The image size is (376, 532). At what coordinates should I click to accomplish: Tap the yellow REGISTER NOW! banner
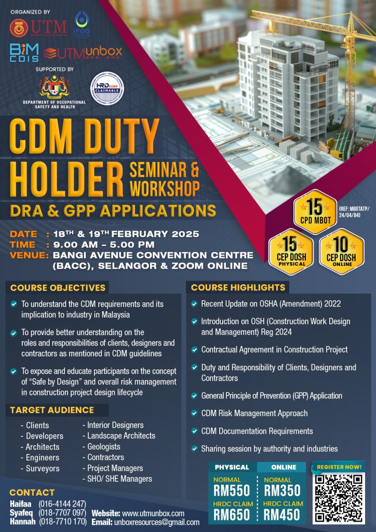pyautogui.click(x=341, y=467)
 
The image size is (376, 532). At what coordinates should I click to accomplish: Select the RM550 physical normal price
pyautogui.click(x=232, y=490)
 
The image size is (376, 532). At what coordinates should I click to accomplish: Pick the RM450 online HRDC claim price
pyautogui.click(x=281, y=514)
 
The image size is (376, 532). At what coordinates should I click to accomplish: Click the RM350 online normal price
pyautogui.click(x=281, y=490)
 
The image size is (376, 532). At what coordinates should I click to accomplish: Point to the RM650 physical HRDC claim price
pyautogui.click(x=232, y=514)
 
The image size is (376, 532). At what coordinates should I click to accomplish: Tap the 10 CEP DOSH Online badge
pyautogui.click(x=341, y=251)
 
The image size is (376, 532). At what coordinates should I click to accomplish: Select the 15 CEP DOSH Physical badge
pyautogui.click(x=290, y=251)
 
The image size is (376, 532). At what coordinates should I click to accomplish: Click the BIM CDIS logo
pyautogui.click(x=23, y=53)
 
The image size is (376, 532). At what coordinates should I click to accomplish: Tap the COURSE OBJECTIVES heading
pyautogui.click(x=58, y=287)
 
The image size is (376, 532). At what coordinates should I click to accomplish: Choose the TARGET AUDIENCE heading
pyautogui.click(x=52, y=410)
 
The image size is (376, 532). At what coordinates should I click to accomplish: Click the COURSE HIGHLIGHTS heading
pyautogui.click(x=238, y=287)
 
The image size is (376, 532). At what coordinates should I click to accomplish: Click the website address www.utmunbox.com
pyautogui.click(x=153, y=513)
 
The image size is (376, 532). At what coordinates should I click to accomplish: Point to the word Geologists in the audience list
pyautogui.click(x=103, y=446)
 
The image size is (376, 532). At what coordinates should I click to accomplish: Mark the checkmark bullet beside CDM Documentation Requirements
pyautogui.click(x=194, y=431)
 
